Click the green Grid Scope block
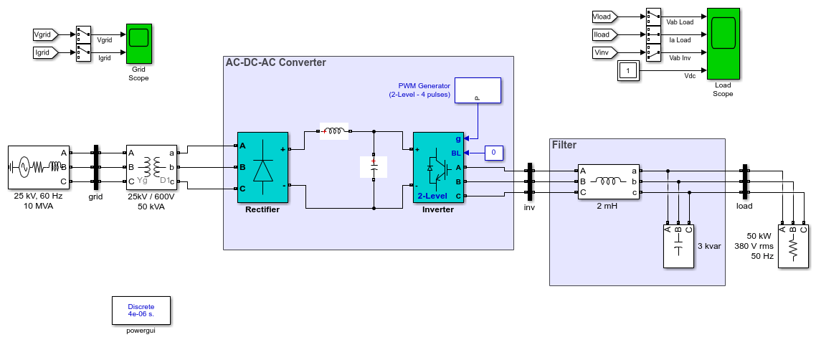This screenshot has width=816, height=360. pos(139,43)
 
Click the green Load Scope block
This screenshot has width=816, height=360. pos(723,44)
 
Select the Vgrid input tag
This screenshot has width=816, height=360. pos(45,35)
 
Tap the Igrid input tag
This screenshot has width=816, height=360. pos(45,52)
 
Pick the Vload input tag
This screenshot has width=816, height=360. pos(604,17)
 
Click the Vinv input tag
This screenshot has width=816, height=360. pos(604,52)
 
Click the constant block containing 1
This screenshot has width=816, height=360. pos(627,71)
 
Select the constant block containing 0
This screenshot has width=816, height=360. pos(494,153)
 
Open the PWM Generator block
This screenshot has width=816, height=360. pos(478,90)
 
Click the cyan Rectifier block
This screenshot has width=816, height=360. pos(263,168)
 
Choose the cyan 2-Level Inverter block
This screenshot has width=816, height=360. pos(438,168)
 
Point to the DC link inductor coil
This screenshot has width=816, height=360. pos(335,132)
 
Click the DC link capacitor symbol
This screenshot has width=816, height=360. pos(374,168)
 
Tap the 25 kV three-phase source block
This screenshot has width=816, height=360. pos(39,168)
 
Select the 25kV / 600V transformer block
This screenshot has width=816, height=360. pos(152,168)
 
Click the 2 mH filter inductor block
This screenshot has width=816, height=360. pos(609,182)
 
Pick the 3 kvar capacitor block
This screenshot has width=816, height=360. pos(678,245)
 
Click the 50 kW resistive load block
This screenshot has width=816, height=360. pos(794,245)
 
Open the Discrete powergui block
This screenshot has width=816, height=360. pos(141,311)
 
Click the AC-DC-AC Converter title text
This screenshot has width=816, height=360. pos(276,63)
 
